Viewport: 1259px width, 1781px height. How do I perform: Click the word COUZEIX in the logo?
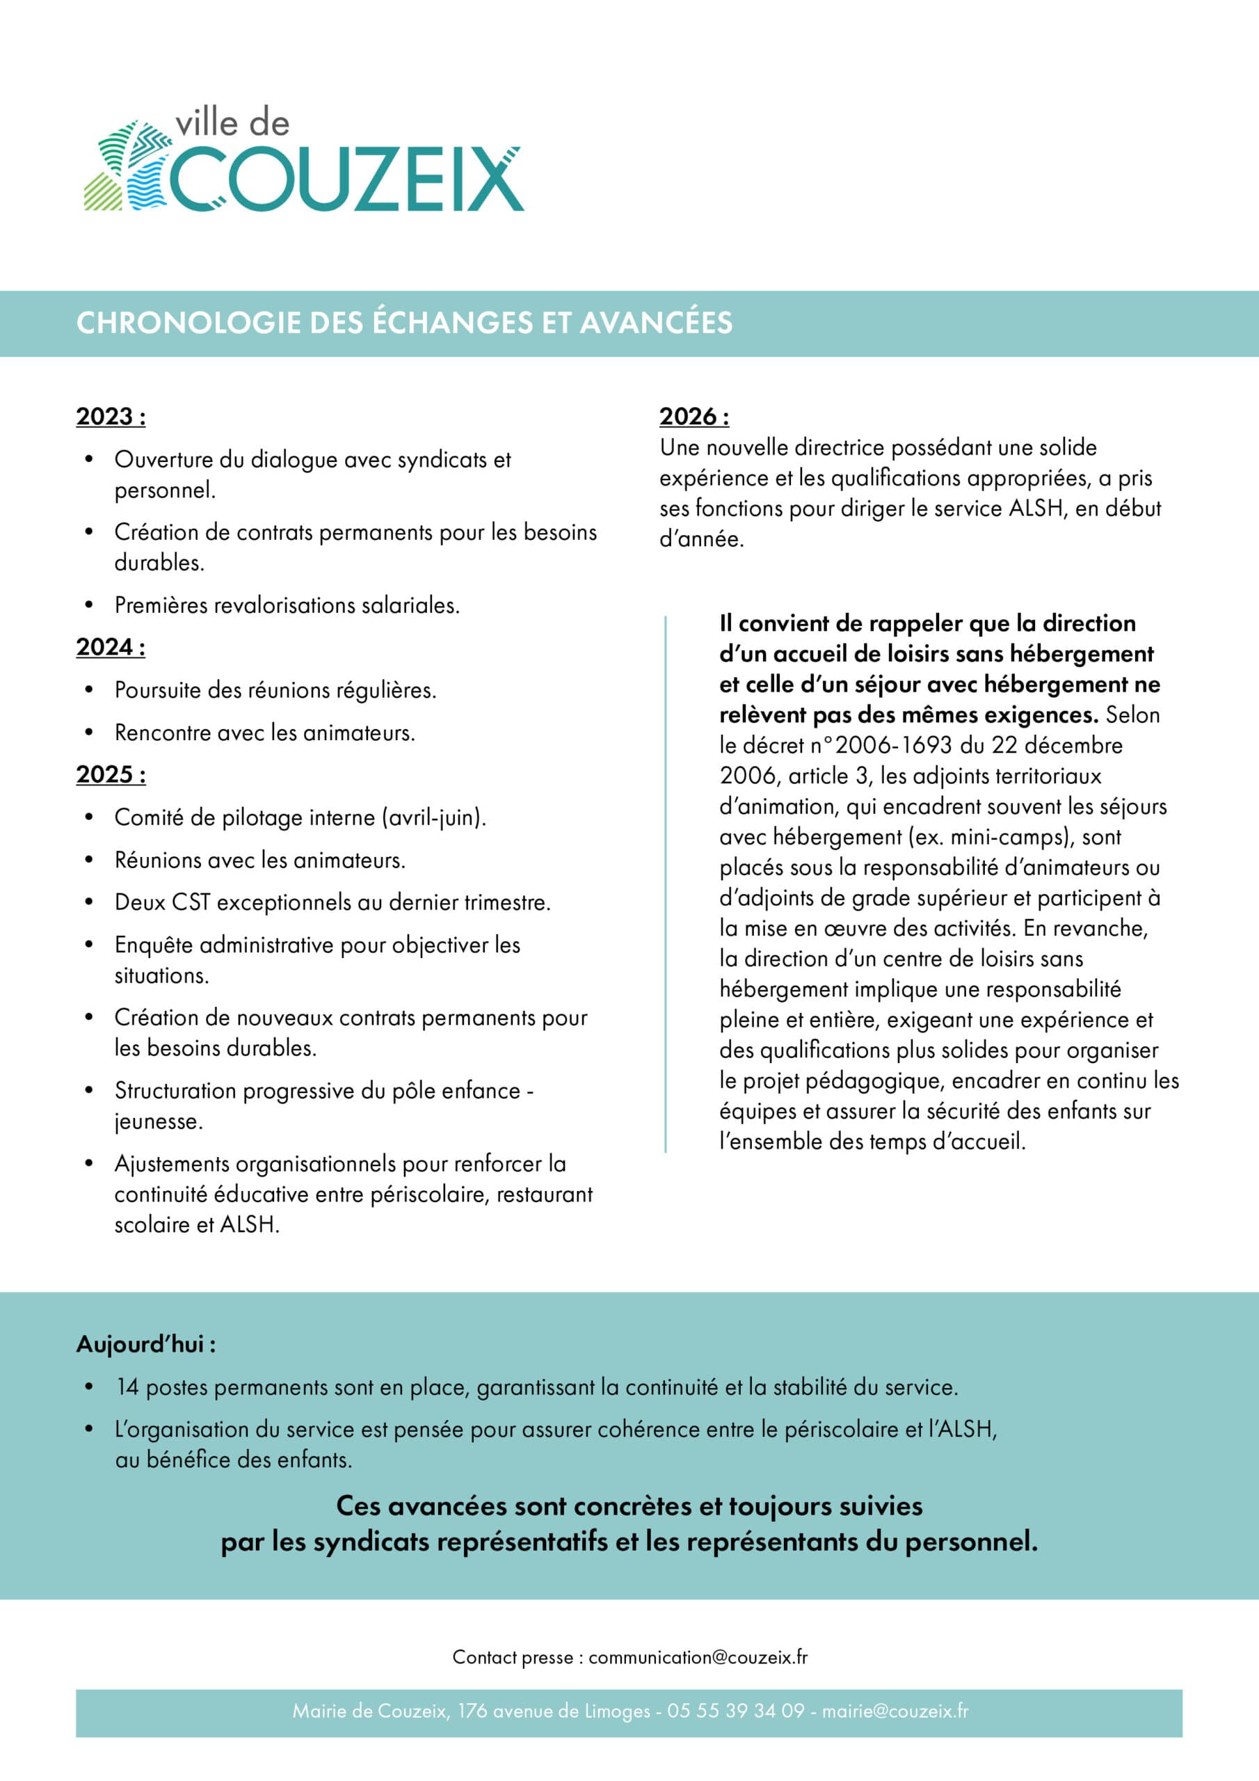[346, 177]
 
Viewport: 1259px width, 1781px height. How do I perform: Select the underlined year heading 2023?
[110, 417]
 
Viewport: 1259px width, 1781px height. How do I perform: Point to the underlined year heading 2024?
[110, 647]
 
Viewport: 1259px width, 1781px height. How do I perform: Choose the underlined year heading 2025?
[110, 774]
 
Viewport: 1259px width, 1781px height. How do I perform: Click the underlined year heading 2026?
[693, 417]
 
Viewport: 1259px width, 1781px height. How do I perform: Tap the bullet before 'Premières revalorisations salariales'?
[89, 605]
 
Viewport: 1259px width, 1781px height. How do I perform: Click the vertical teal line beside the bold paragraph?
[665, 884]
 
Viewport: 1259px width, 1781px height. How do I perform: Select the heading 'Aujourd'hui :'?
[146, 1344]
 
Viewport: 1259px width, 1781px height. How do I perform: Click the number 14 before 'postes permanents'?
[127, 1387]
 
